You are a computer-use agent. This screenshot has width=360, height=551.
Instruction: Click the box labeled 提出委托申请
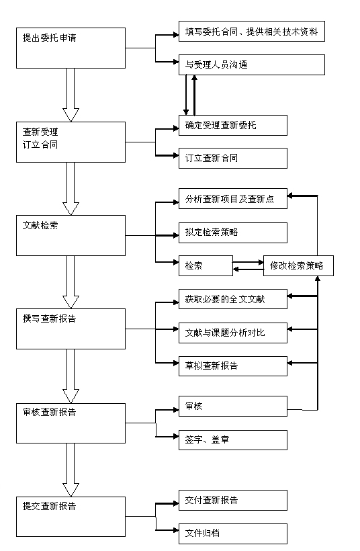pyautogui.click(x=71, y=48)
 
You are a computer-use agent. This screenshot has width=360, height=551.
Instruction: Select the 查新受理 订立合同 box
pyautogui.click(x=71, y=142)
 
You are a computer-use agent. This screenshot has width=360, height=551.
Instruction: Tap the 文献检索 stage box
pyautogui.click(x=71, y=235)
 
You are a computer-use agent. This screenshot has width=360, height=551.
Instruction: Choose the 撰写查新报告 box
pyautogui.click(x=71, y=329)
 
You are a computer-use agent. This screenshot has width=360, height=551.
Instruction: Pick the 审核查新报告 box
pyautogui.click(x=71, y=423)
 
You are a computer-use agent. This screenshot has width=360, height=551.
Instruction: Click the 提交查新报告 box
pyautogui.click(x=71, y=517)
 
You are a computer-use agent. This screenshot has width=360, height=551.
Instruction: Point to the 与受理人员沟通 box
pyautogui.click(x=251, y=65)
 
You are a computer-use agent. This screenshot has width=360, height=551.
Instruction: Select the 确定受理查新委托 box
pyautogui.click(x=233, y=125)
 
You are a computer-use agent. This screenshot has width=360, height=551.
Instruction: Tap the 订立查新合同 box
pyautogui.click(x=233, y=158)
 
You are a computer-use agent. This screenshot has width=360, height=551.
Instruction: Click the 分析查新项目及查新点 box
pyautogui.click(x=233, y=199)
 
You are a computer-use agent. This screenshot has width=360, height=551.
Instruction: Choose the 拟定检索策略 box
pyautogui.click(x=233, y=232)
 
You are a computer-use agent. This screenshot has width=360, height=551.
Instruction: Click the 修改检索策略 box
pyautogui.click(x=298, y=265)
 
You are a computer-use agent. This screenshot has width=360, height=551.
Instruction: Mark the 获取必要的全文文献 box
pyautogui.click(x=233, y=299)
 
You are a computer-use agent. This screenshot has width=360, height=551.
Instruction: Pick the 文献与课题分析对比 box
pyautogui.click(x=233, y=333)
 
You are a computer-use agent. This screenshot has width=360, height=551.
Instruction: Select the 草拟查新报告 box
pyautogui.click(x=233, y=366)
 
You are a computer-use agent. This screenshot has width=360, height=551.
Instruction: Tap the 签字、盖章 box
pyautogui.click(x=233, y=440)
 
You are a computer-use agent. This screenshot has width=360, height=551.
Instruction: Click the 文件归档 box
pyautogui.click(x=233, y=534)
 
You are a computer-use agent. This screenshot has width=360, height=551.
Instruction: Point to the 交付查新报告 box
pyautogui.click(x=233, y=500)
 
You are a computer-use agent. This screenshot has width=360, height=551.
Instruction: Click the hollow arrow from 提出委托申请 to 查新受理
pyautogui.click(x=71, y=95)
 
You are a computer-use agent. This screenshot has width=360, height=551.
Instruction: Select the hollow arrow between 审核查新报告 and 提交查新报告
pyautogui.click(x=71, y=470)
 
